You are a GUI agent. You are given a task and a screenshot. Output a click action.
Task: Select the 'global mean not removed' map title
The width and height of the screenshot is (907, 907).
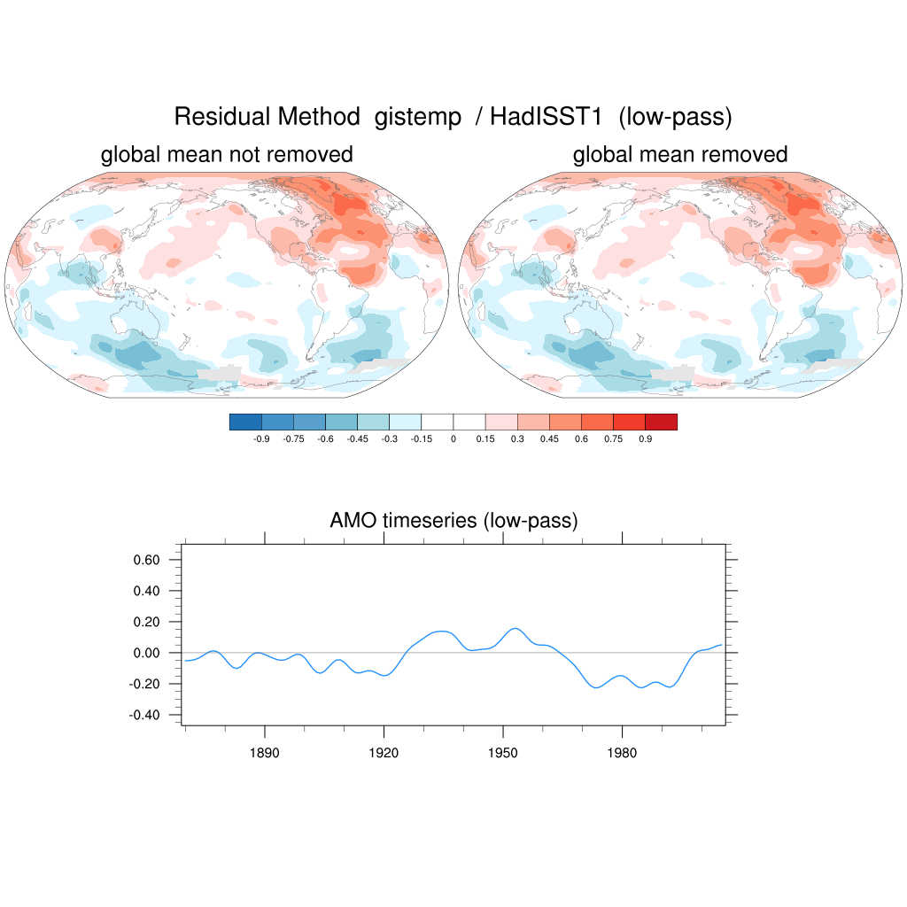point(227,155)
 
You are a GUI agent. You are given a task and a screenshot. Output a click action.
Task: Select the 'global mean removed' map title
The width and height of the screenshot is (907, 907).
point(680,155)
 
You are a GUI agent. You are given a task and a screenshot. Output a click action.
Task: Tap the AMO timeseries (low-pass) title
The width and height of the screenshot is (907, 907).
point(453,521)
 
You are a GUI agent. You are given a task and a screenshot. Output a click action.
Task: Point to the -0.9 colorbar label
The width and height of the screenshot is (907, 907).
point(261,439)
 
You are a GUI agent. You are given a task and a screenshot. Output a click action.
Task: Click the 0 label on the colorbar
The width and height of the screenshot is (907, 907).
point(453,439)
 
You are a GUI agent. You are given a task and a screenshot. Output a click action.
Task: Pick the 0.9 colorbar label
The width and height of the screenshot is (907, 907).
point(645,439)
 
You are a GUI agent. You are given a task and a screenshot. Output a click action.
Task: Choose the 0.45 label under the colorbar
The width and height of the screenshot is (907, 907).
point(549,439)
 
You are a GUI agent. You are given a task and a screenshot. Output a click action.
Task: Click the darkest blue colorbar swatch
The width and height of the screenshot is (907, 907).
point(245,422)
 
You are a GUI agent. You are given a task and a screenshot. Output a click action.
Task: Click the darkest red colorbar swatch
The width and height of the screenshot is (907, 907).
point(661,422)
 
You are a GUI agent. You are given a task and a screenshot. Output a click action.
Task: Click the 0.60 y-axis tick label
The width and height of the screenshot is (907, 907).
point(146,560)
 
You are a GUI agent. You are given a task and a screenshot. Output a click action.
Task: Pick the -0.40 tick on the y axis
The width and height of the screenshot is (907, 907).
point(144,715)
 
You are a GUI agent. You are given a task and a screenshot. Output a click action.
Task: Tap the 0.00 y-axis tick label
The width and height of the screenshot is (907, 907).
point(146,653)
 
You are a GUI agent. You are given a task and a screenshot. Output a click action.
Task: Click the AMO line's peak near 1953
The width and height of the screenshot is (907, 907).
point(516,629)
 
